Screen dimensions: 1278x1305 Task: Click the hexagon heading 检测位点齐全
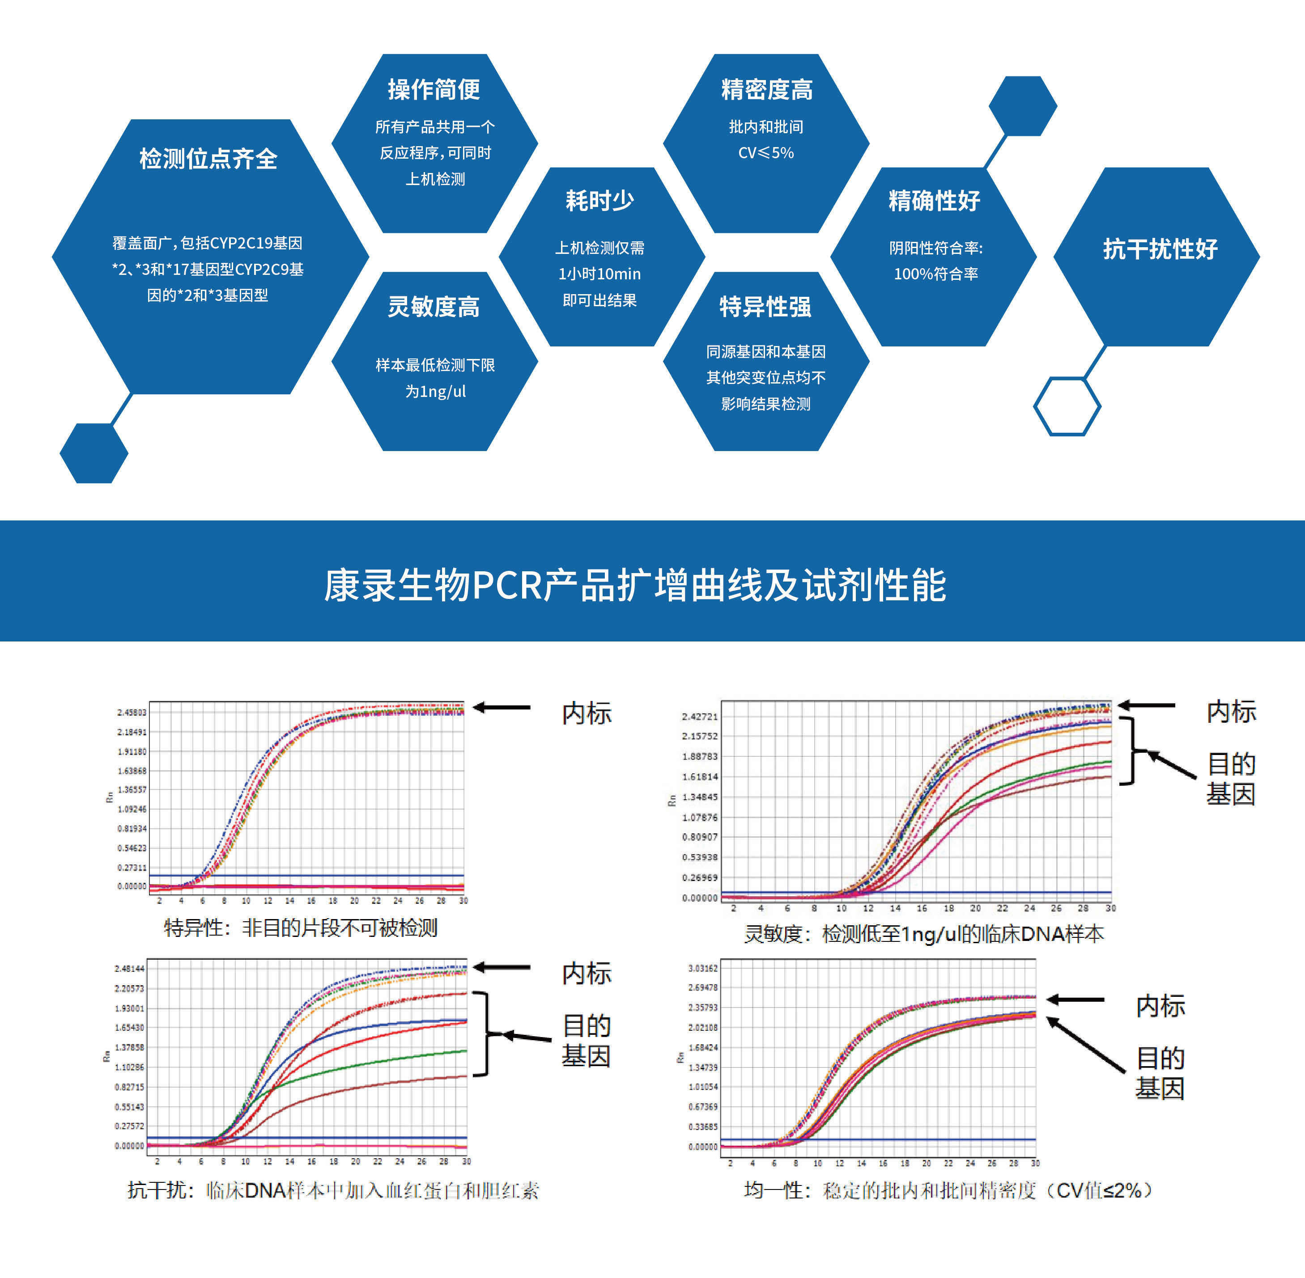click(x=208, y=159)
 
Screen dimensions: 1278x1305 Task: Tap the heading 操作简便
click(x=434, y=89)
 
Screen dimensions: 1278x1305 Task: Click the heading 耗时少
click(x=600, y=200)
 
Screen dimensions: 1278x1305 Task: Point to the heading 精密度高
click(x=766, y=89)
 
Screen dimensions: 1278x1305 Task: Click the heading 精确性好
click(x=934, y=200)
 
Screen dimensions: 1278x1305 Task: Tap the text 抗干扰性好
click(x=1160, y=249)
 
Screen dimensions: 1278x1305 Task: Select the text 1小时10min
click(x=600, y=274)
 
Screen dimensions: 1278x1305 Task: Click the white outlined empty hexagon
click(x=1067, y=406)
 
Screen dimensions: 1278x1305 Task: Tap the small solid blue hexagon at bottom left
click(x=94, y=453)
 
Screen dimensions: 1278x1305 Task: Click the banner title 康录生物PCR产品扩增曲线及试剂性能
click(x=635, y=585)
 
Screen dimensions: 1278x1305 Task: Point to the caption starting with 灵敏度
click(x=923, y=934)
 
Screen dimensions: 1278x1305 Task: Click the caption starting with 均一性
click(x=948, y=1190)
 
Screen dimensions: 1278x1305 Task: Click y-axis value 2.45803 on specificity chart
click(x=132, y=712)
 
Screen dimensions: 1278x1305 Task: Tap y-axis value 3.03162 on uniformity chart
click(x=702, y=968)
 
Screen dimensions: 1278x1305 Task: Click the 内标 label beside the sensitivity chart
click(x=1231, y=712)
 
